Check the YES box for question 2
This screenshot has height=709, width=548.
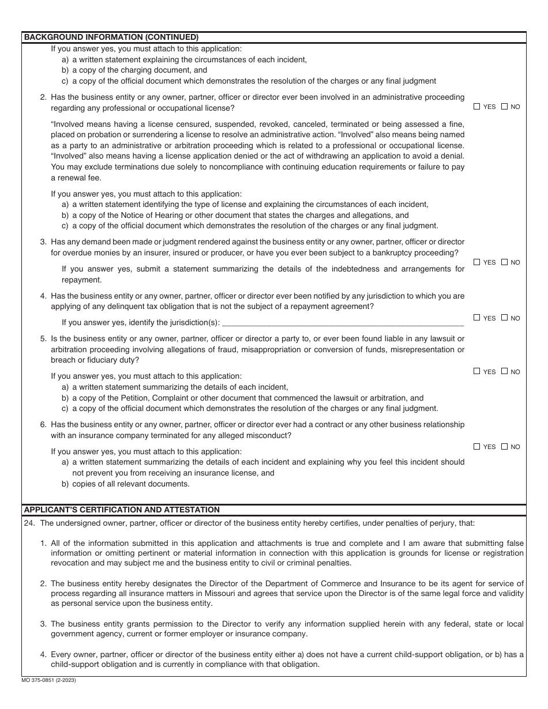(476, 107)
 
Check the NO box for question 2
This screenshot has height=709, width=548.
(504, 107)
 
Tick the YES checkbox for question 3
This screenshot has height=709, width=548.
(476, 262)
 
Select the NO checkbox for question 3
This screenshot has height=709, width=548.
(504, 262)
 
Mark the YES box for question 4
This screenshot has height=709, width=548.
(476, 318)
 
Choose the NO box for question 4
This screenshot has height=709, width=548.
(504, 318)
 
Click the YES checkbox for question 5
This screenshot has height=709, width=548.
(476, 371)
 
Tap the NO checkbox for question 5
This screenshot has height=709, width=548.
(504, 371)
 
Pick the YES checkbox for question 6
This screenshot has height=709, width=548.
(476, 446)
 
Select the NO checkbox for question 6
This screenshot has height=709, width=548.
(504, 446)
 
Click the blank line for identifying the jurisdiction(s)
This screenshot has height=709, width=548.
(343, 323)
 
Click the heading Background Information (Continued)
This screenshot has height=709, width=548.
(111, 37)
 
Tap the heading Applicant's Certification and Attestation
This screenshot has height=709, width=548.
(122, 510)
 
